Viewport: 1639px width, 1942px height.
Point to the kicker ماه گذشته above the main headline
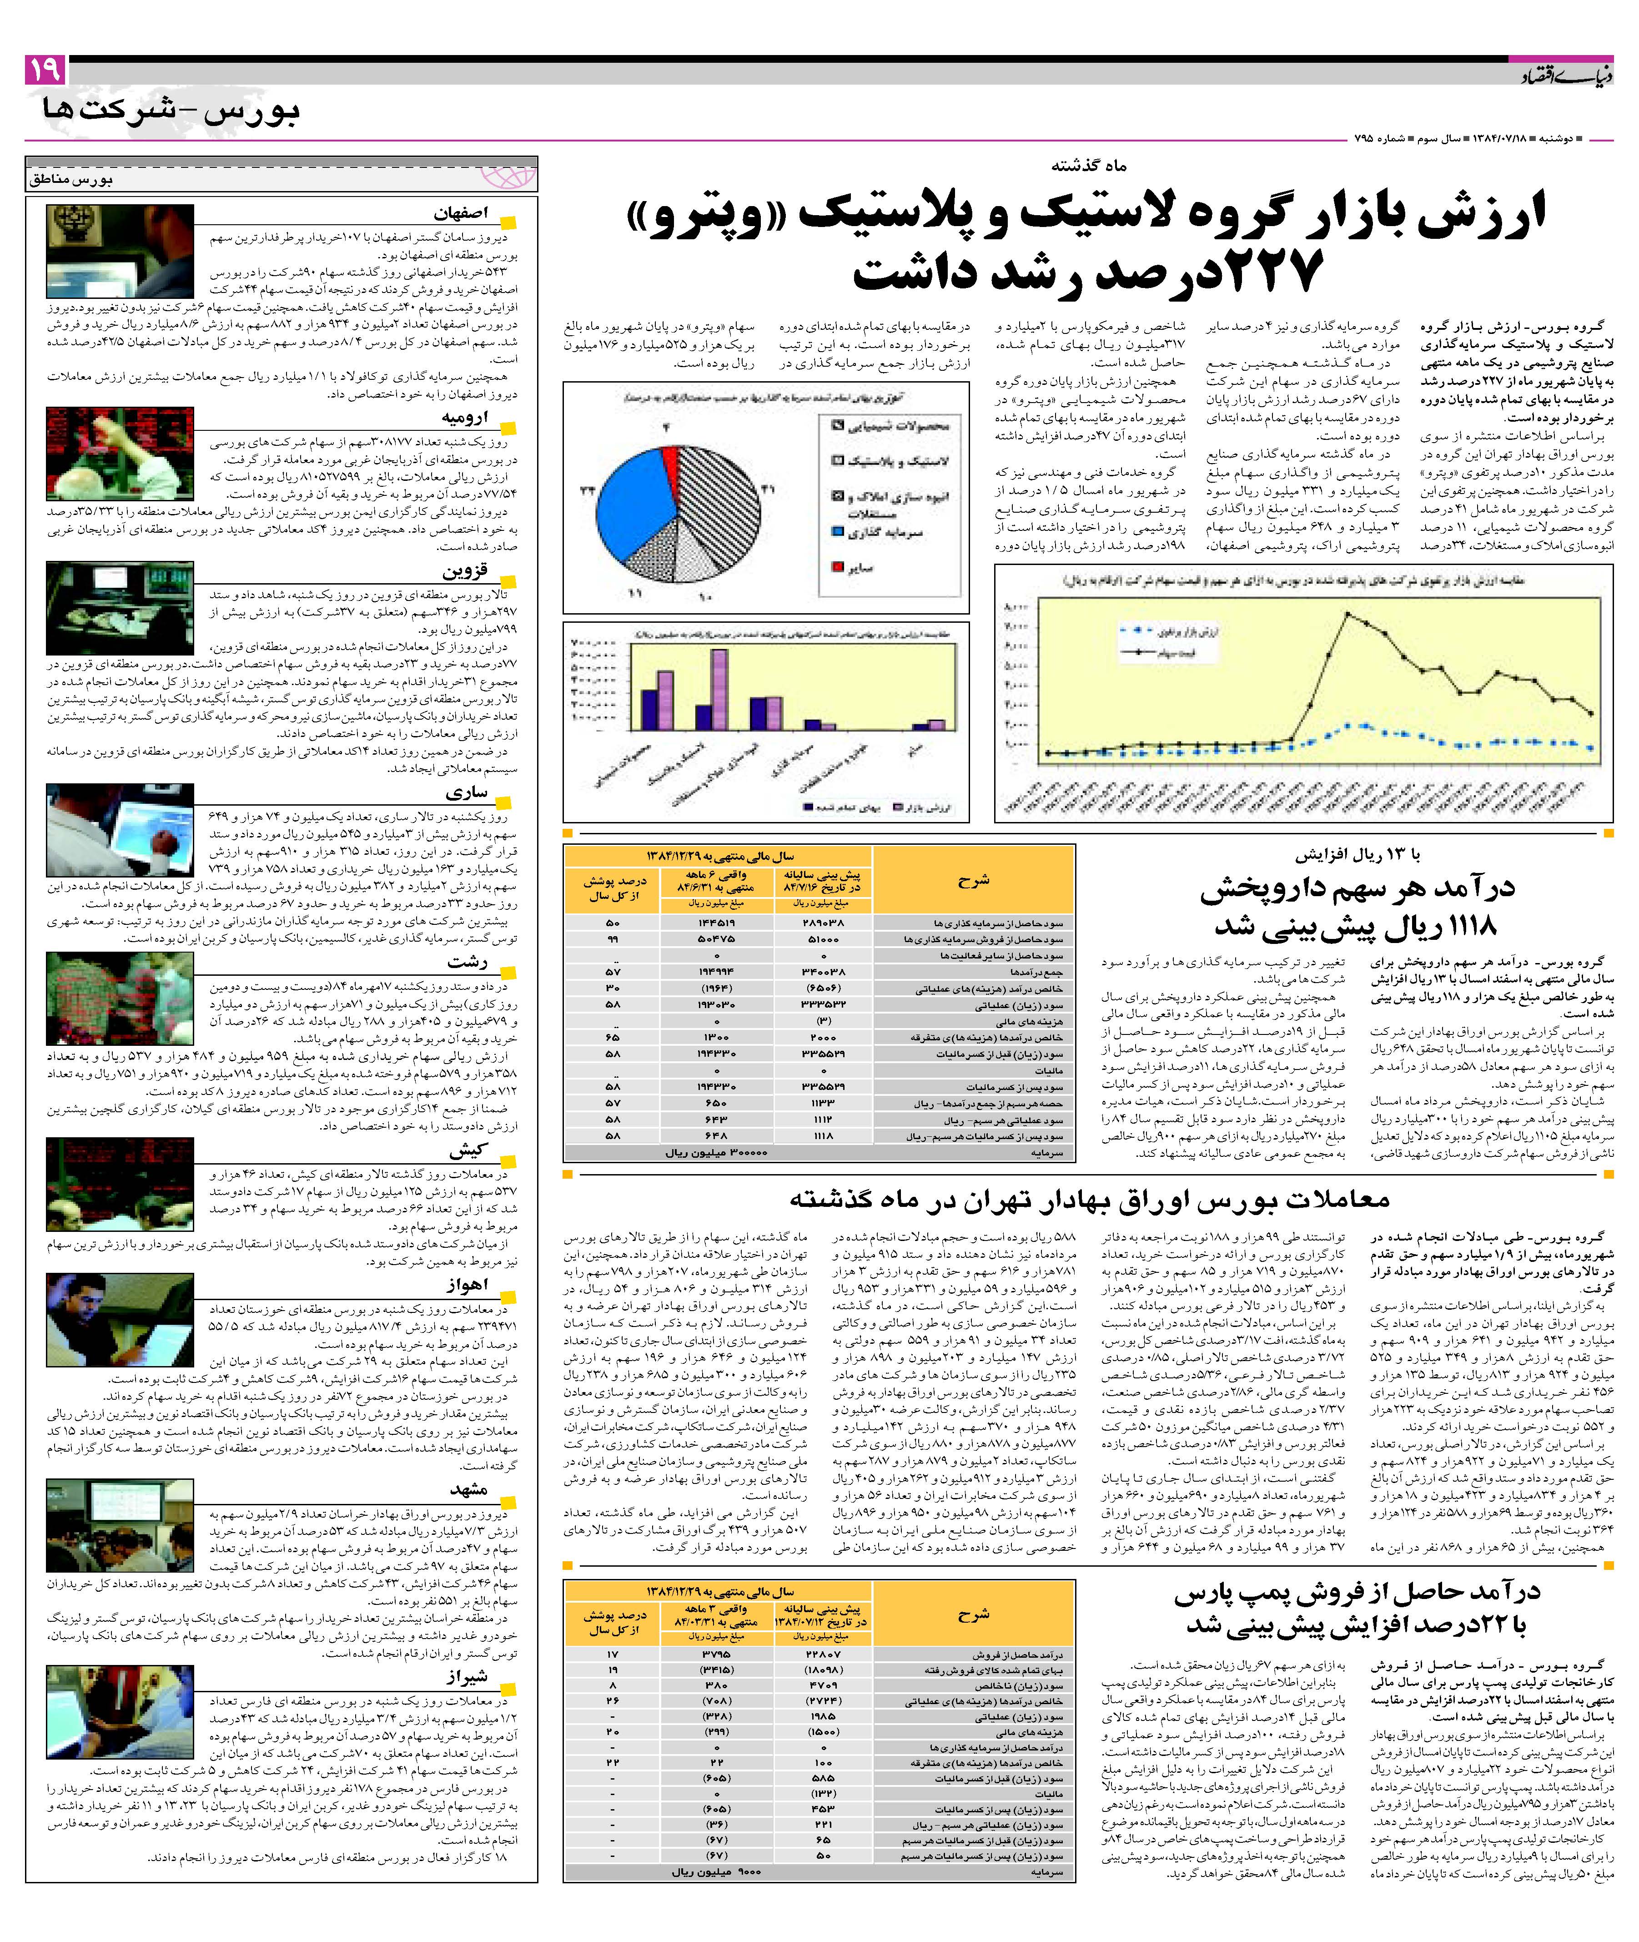click(x=1089, y=166)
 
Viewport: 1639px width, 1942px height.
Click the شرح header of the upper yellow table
click(x=974, y=879)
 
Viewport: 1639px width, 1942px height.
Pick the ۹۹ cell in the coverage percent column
click(x=613, y=939)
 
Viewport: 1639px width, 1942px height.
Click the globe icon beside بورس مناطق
click(x=509, y=177)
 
